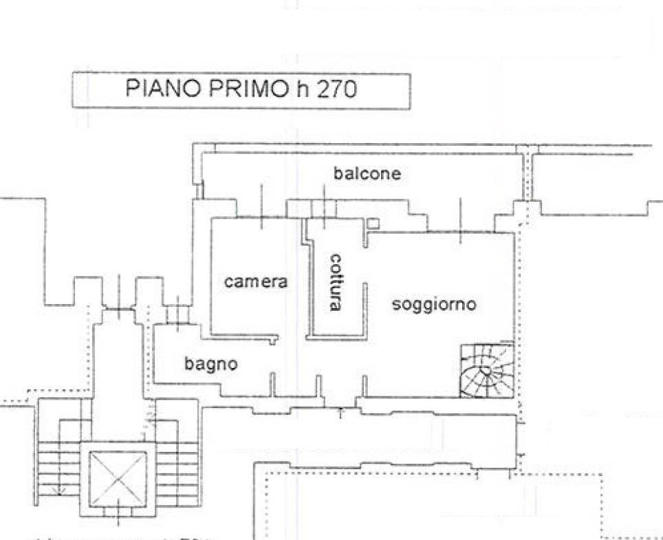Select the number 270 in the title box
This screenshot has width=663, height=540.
[x=336, y=90]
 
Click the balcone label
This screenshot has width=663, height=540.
[x=367, y=173]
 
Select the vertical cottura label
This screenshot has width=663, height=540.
[x=336, y=282]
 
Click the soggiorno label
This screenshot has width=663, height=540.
[x=433, y=304]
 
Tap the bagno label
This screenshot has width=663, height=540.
[x=210, y=363]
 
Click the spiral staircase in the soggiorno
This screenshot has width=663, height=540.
[x=486, y=370]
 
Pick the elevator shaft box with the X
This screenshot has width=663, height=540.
[x=118, y=478]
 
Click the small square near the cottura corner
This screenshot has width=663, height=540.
[x=372, y=224]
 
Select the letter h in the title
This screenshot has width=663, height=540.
[x=301, y=89]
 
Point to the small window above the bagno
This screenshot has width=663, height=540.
[x=178, y=314]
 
